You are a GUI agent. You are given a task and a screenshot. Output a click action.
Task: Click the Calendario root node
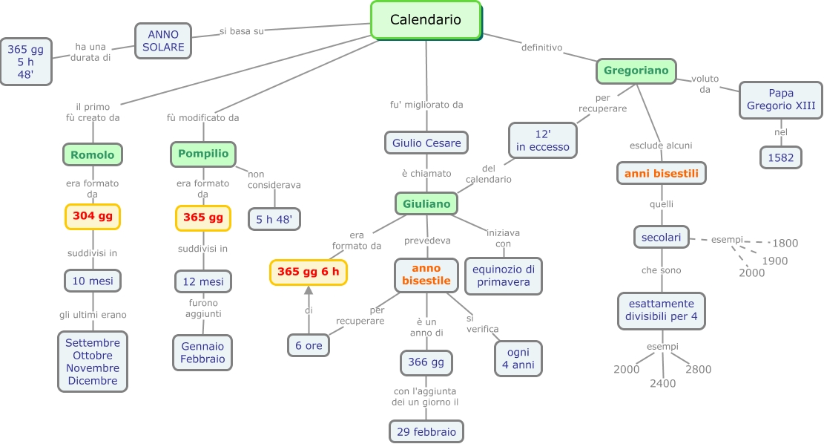tap(426, 20)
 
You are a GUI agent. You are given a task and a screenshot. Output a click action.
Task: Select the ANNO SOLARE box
tap(163, 41)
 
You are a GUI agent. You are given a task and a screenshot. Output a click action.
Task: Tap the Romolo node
tap(93, 154)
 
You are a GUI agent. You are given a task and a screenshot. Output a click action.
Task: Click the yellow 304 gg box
tap(93, 216)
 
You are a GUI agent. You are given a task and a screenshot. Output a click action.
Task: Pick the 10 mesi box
tap(93, 281)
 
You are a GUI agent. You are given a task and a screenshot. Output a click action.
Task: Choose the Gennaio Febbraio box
tap(202, 353)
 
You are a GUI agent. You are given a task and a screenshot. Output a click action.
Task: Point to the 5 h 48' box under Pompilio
tap(274, 219)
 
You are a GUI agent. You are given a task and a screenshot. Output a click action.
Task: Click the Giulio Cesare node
tap(426, 143)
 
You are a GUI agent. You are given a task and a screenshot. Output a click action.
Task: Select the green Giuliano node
tap(426, 203)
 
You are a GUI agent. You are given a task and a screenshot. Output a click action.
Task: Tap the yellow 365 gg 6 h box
tap(308, 272)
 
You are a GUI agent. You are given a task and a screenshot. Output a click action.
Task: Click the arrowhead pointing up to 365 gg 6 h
tap(309, 290)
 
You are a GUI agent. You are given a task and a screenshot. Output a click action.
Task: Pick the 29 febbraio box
tap(426, 431)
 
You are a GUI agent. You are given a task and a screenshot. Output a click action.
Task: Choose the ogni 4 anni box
tap(518, 359)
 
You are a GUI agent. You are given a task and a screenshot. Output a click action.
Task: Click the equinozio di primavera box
tap(504, 275)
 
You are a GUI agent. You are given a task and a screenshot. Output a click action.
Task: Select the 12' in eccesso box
tap(543, 140)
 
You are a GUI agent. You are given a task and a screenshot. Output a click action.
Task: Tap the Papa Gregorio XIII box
tap(781, 99)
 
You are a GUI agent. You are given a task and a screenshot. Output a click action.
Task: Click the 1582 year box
tap(781, 157)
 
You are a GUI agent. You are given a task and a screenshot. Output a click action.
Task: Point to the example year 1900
tap(775, 261)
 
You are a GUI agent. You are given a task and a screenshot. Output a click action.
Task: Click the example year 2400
tap(662, 383)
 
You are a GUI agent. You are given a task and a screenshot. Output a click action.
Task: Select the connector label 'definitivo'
tap(541, 48)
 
